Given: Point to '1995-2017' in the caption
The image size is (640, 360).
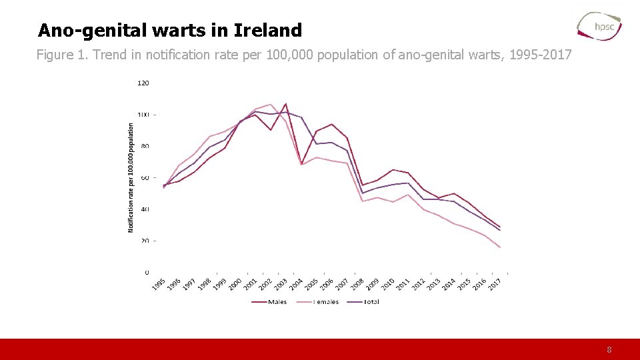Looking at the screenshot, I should click(540, 55).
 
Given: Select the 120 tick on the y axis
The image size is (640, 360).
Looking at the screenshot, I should click(143, 83).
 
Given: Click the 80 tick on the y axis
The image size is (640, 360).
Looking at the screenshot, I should click(145, 146).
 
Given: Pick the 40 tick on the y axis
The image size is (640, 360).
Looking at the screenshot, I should click(145, 209).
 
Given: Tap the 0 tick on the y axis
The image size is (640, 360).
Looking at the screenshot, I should click(147, 272).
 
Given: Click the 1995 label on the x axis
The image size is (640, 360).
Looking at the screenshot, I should click(158, 284).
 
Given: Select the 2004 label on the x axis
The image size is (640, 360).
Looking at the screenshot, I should click(295, 284).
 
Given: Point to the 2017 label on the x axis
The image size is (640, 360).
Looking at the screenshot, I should click(494, 284).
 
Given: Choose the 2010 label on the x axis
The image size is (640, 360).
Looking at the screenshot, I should click(387, 284).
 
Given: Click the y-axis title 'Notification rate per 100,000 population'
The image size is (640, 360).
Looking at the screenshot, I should click(131, 177).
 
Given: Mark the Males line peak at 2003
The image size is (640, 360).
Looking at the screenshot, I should click(285, 104).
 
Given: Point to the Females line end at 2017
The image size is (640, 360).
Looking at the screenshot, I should click(500, 247).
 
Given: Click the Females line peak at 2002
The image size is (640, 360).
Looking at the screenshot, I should click(270, 105).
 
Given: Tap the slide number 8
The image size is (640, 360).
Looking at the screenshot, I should click(609, 349).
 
